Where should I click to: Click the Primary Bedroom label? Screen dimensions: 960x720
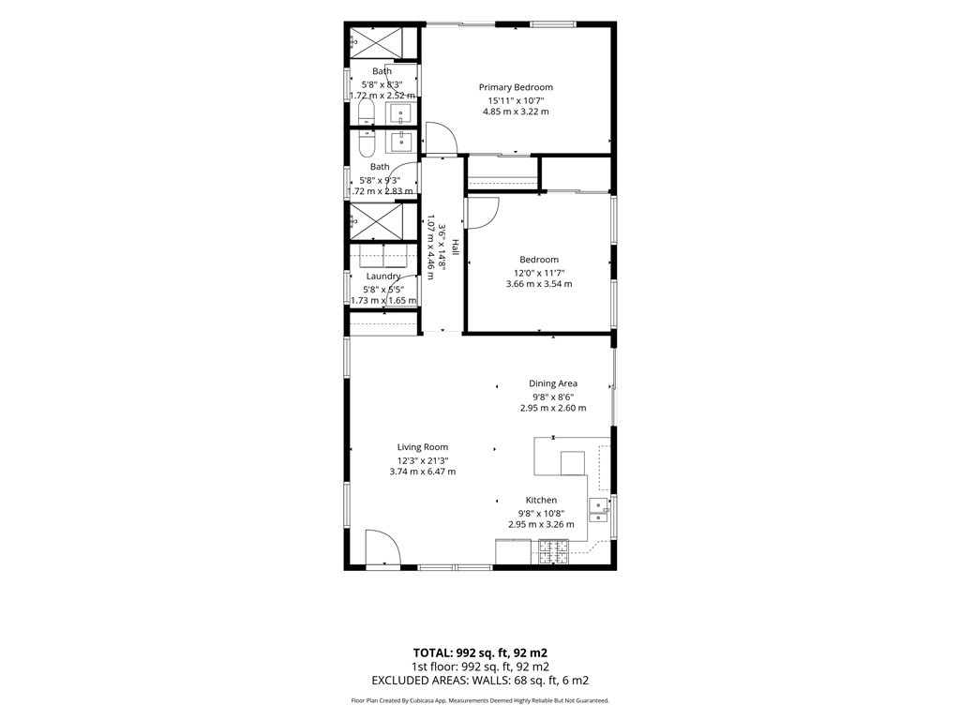point(516,87)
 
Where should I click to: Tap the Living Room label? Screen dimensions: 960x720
point(423,447)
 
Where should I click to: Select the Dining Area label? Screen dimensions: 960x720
point(553,383)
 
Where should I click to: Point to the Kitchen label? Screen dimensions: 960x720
point(541,501)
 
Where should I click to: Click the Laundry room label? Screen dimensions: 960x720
point(383,277)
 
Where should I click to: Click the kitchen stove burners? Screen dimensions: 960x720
point(553,551)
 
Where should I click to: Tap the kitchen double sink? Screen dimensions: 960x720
point(598,510)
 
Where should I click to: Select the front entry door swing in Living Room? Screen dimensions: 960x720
point(382,547)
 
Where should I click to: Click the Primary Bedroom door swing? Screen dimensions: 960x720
point(441,139)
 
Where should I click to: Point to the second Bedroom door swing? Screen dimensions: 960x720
point(483,213)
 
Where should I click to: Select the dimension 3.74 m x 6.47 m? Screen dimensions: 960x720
point(423,472)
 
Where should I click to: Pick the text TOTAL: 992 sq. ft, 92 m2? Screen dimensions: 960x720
point(480,652)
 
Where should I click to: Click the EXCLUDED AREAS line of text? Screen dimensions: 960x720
point(480,681)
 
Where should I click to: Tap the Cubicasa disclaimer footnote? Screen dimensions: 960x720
point(480,700)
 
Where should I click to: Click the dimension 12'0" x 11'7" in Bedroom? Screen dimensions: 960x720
point(539,273)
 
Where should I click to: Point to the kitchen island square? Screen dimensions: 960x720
point(573,463)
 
